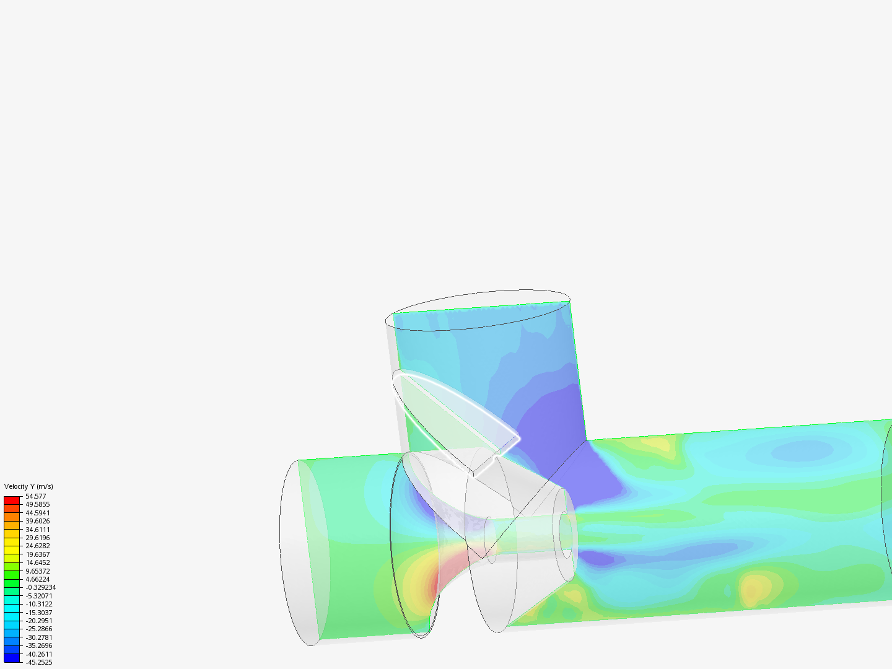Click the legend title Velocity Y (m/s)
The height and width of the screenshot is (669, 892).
[x=28, y=486]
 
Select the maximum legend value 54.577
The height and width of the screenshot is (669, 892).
[x=35, y=496]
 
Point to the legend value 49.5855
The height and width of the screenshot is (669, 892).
[x=37, y=504]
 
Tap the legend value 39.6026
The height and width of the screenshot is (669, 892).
[x=37, y=521]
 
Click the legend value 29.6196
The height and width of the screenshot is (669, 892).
[x=37, y=538]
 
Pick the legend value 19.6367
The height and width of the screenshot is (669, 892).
[x=37, y=554]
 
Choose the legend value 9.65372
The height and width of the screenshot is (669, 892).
[x=37, y=571]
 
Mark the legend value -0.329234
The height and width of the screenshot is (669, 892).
[x=40, y=587]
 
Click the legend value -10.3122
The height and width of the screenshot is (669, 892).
[x=38, y=604]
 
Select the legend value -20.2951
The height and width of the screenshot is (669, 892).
[x=38, y=621]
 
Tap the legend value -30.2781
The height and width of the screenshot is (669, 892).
[x=38, y=637]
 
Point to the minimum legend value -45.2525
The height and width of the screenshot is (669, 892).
[x=38, y=662]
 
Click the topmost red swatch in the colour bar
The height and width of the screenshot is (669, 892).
[x=12, y=500]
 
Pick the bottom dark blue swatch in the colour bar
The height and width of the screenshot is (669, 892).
[x=12, y=658]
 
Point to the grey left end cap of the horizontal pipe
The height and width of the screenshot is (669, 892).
[x=304, y=551]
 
